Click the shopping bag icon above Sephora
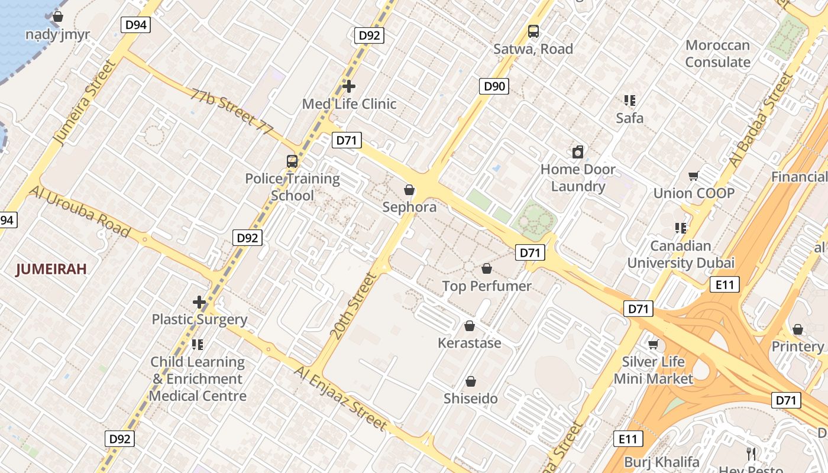pos(409,190)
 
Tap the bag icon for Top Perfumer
pos(487,269)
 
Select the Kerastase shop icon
pos(470,326)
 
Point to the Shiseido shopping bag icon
pos(471,381)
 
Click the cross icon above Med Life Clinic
pos(349,86)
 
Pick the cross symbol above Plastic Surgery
pos(199,302)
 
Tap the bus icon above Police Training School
pos(292,161)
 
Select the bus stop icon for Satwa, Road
pos(533,31)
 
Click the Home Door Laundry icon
pos(578,152)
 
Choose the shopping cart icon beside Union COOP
pos(694,176)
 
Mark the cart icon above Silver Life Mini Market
pos(654,344)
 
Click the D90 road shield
pos(494,86)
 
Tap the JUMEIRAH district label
pos(51,270)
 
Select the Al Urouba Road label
pos(79,211)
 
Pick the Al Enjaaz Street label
pos(341,398)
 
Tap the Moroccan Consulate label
pos(717,53)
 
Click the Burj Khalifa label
pos(662,462)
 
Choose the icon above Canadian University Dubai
pos(681,228)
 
